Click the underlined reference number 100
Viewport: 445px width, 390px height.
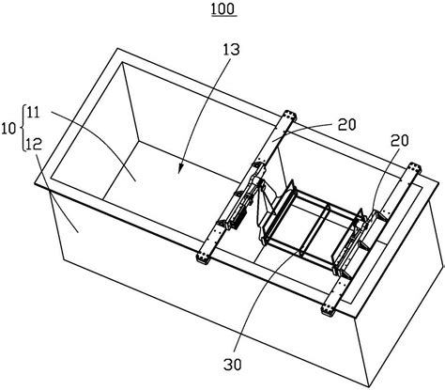pyautogui.click(x=223, y=8)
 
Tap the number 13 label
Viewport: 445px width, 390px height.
pyautogui.click(x=230, y=50)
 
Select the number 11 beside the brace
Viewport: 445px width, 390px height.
pyautogui.click(x=34, y=113)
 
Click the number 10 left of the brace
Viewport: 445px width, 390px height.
pyautogui.click(x=8, y=129)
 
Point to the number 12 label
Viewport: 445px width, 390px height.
pyautogui.click(x=35, y=145)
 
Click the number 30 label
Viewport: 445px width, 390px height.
pyautogui.click(x=233, y=365)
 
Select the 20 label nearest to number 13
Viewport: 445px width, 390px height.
pyautogui.click(x=346, y=125)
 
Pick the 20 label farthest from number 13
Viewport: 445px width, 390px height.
pyautogui.click(x=399, y=141)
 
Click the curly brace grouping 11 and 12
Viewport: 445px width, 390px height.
pyautogui.click(x=23, y=128)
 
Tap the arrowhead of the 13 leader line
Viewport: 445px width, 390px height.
pyautogui.click(x=179, y=169)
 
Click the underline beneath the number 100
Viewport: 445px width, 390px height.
pyautogui.click(x=223, y=16)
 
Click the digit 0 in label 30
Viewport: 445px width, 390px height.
pyautogui.click(x=238, y=365)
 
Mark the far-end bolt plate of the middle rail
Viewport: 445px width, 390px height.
pyautogui.click(x=289, y=116)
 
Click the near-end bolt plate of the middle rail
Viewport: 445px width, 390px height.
pyautogui.click(x=204, y=257)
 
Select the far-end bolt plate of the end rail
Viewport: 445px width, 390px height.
pyautogui.click(x=414, y=168)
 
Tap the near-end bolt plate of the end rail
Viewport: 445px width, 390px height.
pyautogui.click(x=329, y=310)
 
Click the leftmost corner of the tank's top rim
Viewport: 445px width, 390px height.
pyautogui.click(x=35, y=184)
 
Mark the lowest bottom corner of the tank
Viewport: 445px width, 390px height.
pyautogui.click(x=369, y=385)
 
